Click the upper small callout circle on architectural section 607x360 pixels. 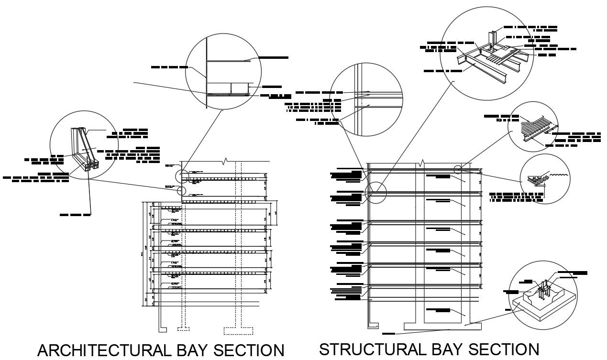[x=182, y=176]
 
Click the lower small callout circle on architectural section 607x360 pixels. [x=182, y=191]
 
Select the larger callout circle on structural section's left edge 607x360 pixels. [x=376, y=193]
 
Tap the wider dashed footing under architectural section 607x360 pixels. [x=239, y=330]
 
